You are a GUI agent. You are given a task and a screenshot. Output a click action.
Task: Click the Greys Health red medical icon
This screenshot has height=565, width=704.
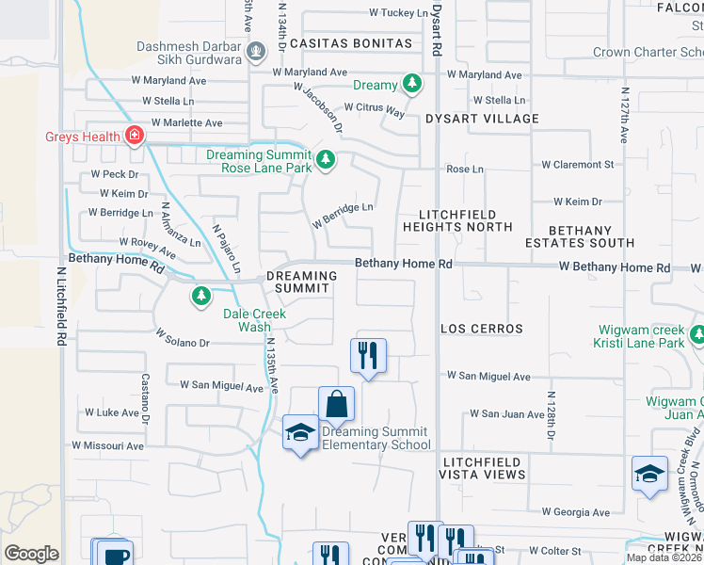click(x=135, y=137)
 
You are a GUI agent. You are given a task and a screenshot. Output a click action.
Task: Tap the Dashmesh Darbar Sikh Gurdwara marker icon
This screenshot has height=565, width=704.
click(x=254, y=52)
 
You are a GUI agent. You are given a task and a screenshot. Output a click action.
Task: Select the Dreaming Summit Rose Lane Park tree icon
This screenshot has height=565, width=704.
click(x=326, y=160)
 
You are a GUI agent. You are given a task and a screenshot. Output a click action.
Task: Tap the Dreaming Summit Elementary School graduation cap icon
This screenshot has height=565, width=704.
click(x=300, y=433)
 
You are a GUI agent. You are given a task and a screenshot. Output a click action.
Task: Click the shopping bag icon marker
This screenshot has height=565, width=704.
click(x=336, y=404)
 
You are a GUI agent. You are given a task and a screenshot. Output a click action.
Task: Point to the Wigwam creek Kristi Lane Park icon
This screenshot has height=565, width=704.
click(x=697, y=335)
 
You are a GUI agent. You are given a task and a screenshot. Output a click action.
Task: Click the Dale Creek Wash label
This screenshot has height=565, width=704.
click(x=254, y=321)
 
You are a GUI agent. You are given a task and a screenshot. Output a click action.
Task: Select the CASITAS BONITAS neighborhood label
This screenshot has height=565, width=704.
click(x=351, y=43)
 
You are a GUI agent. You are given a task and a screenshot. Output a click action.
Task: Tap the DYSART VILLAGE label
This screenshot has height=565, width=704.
click(x=482, y=119)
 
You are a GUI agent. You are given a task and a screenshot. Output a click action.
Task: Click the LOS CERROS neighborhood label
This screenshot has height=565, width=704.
click(x=482, y=329)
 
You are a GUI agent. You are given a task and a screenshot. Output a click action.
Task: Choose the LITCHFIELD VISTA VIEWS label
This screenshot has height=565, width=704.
click(x=484, y=468)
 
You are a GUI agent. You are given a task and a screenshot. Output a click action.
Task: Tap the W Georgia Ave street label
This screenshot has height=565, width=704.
click(x=576, y=513)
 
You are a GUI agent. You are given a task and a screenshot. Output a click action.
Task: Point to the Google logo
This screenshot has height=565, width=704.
click(x=31, y=554)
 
